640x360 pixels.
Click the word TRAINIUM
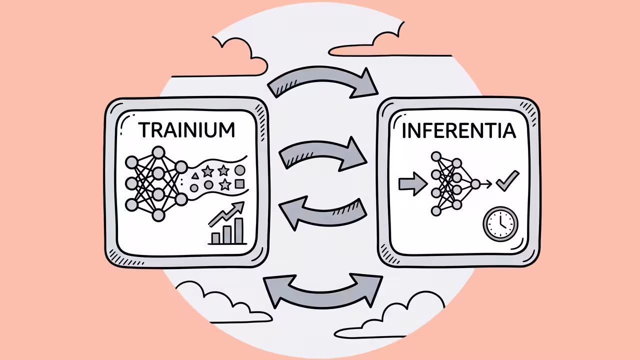click(186, 130)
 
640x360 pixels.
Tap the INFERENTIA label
click(459, 131)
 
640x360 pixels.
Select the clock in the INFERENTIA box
click(500, 224)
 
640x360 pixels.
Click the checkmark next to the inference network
click(507, 181)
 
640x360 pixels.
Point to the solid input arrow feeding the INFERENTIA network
click(413, 183)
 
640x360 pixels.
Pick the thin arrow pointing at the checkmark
click(486, 184)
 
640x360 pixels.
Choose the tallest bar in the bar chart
click(239, 230)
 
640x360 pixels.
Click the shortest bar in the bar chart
click(215, 238)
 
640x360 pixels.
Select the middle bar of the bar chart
click(227, 234)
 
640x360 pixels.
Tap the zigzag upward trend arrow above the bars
click(227, 214)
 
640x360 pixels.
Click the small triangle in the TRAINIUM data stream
click(195, 175)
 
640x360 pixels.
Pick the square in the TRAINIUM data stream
click(239, 183)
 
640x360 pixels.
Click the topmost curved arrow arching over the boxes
click(322, 75)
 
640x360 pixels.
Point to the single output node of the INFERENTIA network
click(475, 184)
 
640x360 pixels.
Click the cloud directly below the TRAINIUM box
click(223, 303)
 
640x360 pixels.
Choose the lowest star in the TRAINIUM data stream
click(225, 184)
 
